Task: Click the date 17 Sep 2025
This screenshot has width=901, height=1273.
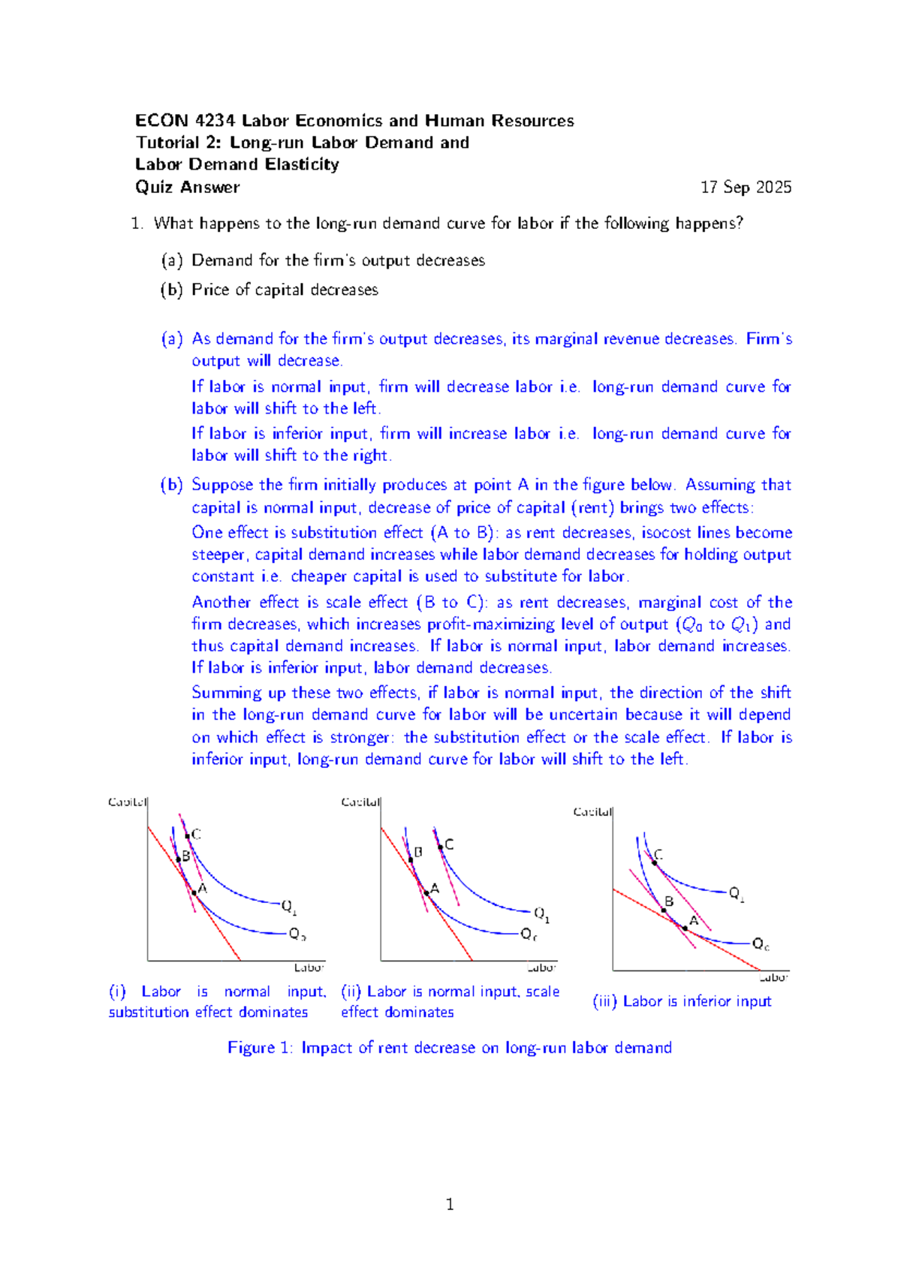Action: [x=746, y=188]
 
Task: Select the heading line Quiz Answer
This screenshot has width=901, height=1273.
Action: [x=188, y=188]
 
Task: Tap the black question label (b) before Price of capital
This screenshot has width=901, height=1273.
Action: [x=171, y=290]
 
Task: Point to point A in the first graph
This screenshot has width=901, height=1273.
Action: [x=194, y=892]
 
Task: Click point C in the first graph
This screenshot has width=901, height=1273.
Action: [x=188, y=835]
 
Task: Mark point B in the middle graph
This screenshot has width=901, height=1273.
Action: [x=411, y=860]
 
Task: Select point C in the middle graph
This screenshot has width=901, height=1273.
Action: [x=441, y=847]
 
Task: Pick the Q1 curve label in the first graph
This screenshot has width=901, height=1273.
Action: [x=289, y=907]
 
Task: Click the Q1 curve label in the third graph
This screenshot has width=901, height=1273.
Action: [x=737, y=894]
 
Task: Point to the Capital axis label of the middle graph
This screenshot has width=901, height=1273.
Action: [x=360, y=802]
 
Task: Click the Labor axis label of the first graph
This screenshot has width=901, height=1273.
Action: [x=309, y=968]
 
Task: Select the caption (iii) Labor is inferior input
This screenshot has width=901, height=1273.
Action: [x=682, y=1001]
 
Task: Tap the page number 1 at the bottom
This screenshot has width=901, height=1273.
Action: [x=450, y=1205]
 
